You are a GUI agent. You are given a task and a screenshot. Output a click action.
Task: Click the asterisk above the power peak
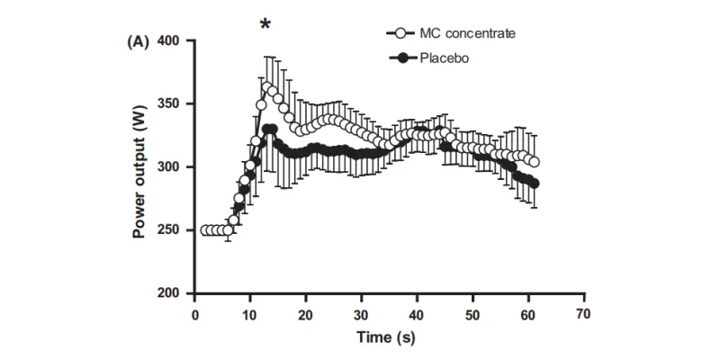coord(265,22)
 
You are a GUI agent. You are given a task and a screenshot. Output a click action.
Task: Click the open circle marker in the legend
coord(403,33)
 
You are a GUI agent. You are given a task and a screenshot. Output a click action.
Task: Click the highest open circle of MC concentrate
coord(266,87)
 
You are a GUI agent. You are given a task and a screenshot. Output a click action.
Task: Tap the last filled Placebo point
coord(535,184)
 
